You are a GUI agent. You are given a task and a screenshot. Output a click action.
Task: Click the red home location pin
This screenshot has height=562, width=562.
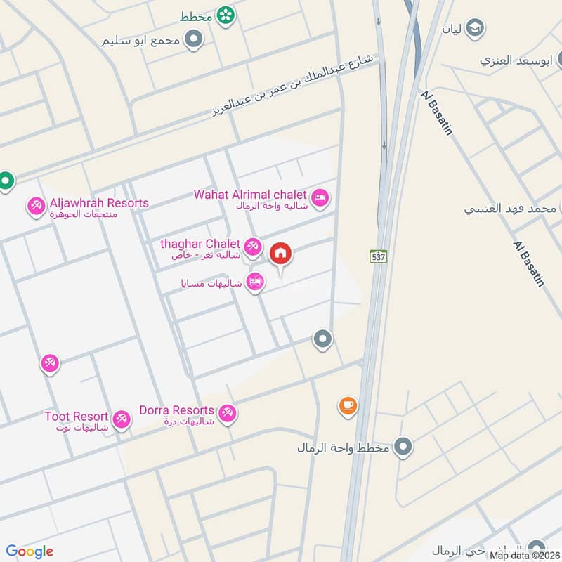click(x=281, y=254)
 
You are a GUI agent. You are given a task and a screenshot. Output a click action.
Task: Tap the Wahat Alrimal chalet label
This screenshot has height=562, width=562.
click(x=250, y=194)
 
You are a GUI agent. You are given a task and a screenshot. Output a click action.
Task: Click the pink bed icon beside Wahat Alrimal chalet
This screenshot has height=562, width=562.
click(x=320, y=198)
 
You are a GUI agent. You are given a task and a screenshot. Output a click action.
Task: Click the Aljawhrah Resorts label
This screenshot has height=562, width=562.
click(x=98, y=203)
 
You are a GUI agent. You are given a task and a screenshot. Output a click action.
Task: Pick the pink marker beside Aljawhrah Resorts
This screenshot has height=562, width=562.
click(x=36, y=207)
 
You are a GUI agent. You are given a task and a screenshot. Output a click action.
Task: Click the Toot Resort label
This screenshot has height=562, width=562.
click(x=76, y=416)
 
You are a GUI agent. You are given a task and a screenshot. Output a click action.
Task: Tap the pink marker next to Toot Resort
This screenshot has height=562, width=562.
click(x=122, y=420)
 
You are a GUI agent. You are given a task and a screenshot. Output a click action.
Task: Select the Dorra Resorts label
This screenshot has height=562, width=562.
click(x=176, y=410)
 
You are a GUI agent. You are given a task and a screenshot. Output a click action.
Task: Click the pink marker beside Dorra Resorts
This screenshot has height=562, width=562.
click(x=227, y=413)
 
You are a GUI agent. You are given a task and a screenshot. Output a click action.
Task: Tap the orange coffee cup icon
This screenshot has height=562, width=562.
click(x=348, y=405)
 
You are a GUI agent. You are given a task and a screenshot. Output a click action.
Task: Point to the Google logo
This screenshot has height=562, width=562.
click(x=30, y=551)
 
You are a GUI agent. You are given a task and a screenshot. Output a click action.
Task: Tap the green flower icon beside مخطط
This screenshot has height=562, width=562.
click(x=225, y=14)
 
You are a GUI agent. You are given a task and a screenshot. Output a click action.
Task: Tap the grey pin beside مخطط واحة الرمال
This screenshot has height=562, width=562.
click(x=403, y=447)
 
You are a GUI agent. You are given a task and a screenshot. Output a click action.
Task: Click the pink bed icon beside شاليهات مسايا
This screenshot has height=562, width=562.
click(x=256, y=282)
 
